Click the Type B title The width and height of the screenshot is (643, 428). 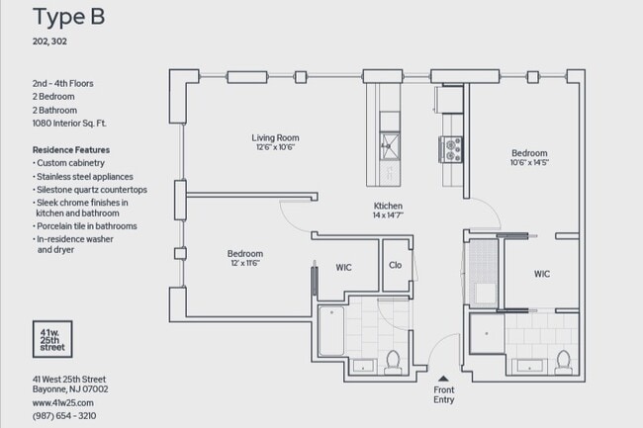point(69,17)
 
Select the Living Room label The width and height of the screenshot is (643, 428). point(275,137)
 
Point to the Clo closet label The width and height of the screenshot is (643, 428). point(395,265)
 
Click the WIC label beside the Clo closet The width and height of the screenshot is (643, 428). point(343,267)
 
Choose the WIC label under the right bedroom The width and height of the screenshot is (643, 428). point(542,274)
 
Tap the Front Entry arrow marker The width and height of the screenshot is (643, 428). point(444,377)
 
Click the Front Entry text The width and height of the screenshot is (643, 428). point(444,395)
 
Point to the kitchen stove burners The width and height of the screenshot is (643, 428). point(451,148)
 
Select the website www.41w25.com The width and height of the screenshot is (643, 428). point(63,402)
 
